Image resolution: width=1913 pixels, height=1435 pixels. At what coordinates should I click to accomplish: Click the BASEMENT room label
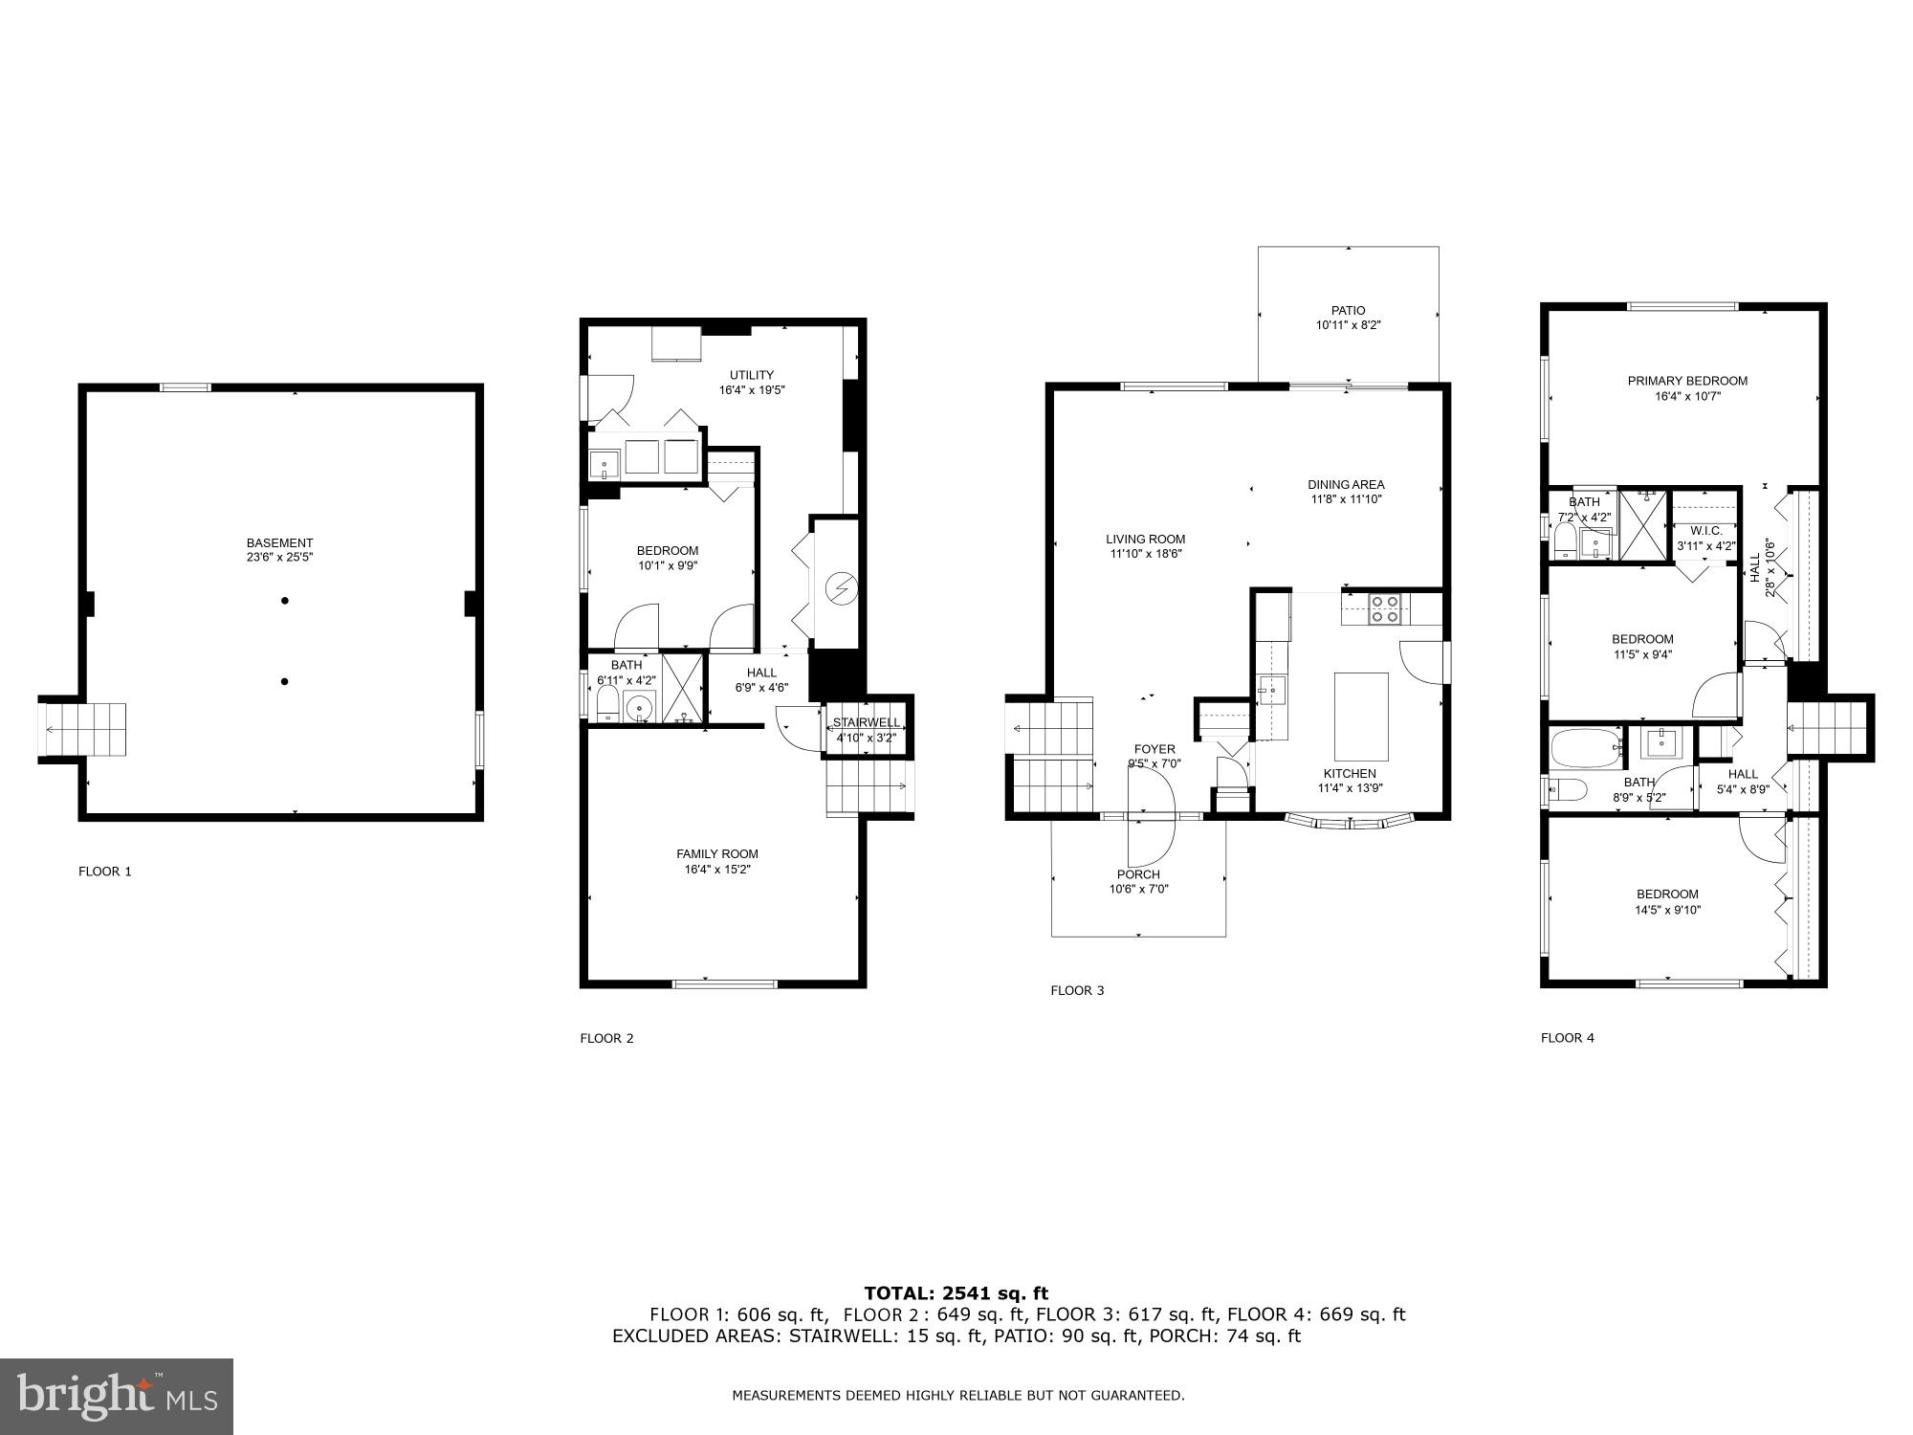tap(279, 542)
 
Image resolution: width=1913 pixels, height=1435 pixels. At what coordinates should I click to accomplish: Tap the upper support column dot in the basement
tap(285, 601)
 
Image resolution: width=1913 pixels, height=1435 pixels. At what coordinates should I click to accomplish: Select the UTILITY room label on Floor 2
tap(752, 375)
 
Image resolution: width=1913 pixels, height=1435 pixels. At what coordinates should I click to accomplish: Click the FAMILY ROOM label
tap(716, 854)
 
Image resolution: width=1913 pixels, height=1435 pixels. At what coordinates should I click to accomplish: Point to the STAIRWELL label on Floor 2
tap(866, 722)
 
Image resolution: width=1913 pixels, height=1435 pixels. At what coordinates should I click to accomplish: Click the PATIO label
tap(1348, 310)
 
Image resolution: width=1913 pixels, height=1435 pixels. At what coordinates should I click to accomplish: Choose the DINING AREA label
tap(1346, 484)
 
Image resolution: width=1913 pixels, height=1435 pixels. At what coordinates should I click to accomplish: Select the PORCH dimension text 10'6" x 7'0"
tap(1138, 889)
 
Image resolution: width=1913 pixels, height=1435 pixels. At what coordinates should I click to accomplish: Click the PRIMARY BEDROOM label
tap(1687, 381)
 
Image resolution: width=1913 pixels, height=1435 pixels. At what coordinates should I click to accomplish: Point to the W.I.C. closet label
tap(1705, 531)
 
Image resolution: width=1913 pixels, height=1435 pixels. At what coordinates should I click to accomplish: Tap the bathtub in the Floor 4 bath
tap(1585, 749)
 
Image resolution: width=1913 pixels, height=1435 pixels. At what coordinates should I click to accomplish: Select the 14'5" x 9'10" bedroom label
tap(1667, 910)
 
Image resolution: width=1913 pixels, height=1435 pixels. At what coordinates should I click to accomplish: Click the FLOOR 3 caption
tap(1077, 990)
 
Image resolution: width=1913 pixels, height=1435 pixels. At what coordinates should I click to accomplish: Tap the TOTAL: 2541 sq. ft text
tap(956, 1293)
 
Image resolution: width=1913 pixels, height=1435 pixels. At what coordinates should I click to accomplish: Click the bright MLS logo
tap(117, 1397)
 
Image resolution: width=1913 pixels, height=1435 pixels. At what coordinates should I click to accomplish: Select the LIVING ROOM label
tap(1145, 539)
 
